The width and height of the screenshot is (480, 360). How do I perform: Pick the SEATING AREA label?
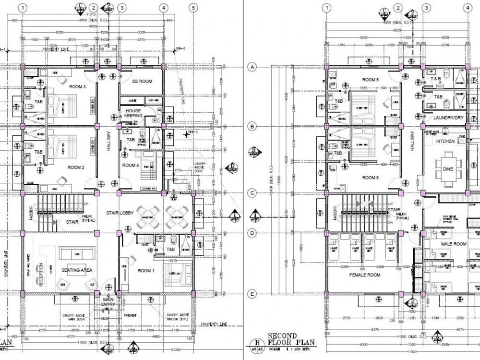(76, 270)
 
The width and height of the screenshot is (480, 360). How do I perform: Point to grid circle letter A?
(251, 68)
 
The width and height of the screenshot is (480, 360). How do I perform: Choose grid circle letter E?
(251, 294)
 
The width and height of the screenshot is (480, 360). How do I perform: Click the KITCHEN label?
(445, 142)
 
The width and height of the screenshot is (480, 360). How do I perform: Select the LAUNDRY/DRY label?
(447, 118)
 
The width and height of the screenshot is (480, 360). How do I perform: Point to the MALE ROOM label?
(454, 244)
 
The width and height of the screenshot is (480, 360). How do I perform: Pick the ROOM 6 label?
(370, 178)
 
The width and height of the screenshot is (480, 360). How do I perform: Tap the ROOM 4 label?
(130, 166)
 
